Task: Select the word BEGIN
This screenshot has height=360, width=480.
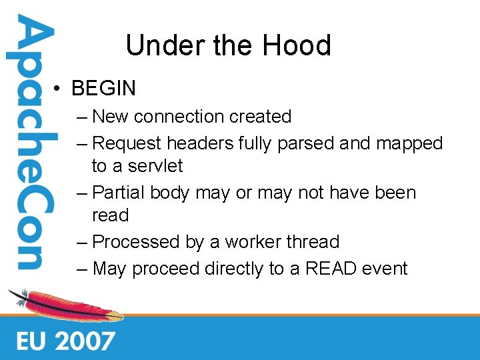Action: click(103, 88)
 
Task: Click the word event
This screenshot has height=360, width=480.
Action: click(384, 269)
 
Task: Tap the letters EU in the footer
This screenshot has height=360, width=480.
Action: click(31, 341)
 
